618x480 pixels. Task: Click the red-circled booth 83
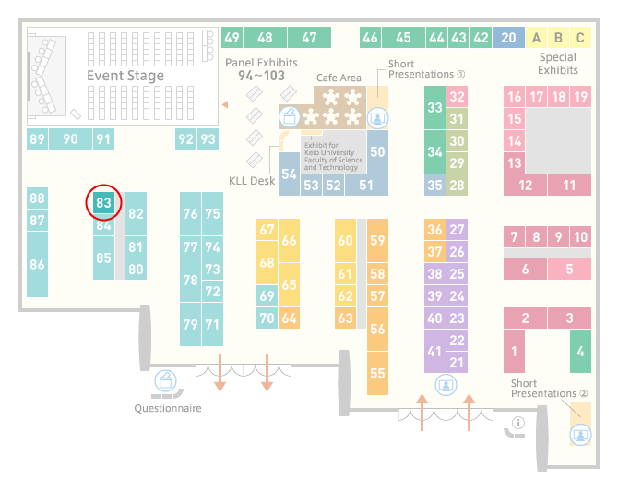tap(103, 203)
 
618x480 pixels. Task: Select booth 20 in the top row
tap(508, 38)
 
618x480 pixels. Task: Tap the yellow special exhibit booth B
tap(558, 38)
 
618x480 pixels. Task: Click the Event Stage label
tap(125, 76)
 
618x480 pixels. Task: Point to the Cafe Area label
tap(339, 78)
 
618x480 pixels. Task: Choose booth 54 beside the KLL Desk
tap(289, 174)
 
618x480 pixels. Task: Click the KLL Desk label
tap(252, 181)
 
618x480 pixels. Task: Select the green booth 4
tap(580, 352)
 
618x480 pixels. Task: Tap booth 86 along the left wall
tap(37, 264)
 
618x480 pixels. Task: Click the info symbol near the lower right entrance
tap(518, 423)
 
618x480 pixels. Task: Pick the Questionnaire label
tap(168, 408)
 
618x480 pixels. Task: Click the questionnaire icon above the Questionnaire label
tap(165, 381)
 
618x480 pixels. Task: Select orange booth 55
tap(377, 373)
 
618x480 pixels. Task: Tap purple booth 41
tap(434, 352)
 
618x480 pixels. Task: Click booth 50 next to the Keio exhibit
tap(377, 151)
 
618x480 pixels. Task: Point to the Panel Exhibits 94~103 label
tap(261, 69)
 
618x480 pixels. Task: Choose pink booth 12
tap(526, 186)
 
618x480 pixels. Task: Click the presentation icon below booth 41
tap(446, 385)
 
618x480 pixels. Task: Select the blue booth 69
tap(267, 295)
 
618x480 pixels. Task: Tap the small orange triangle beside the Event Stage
tap(225, 104)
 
